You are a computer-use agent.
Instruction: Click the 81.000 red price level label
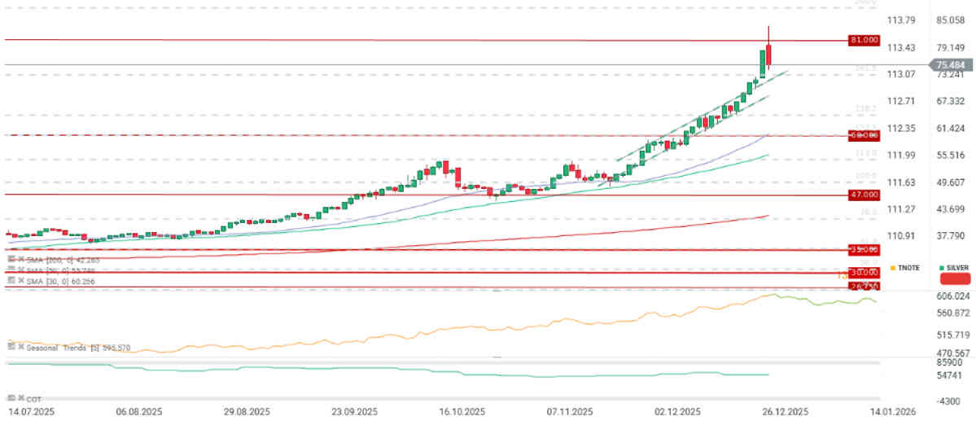point(864,40)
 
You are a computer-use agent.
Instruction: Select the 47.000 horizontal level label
point(864,195)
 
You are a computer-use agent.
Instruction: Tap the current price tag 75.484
point(951,65)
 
